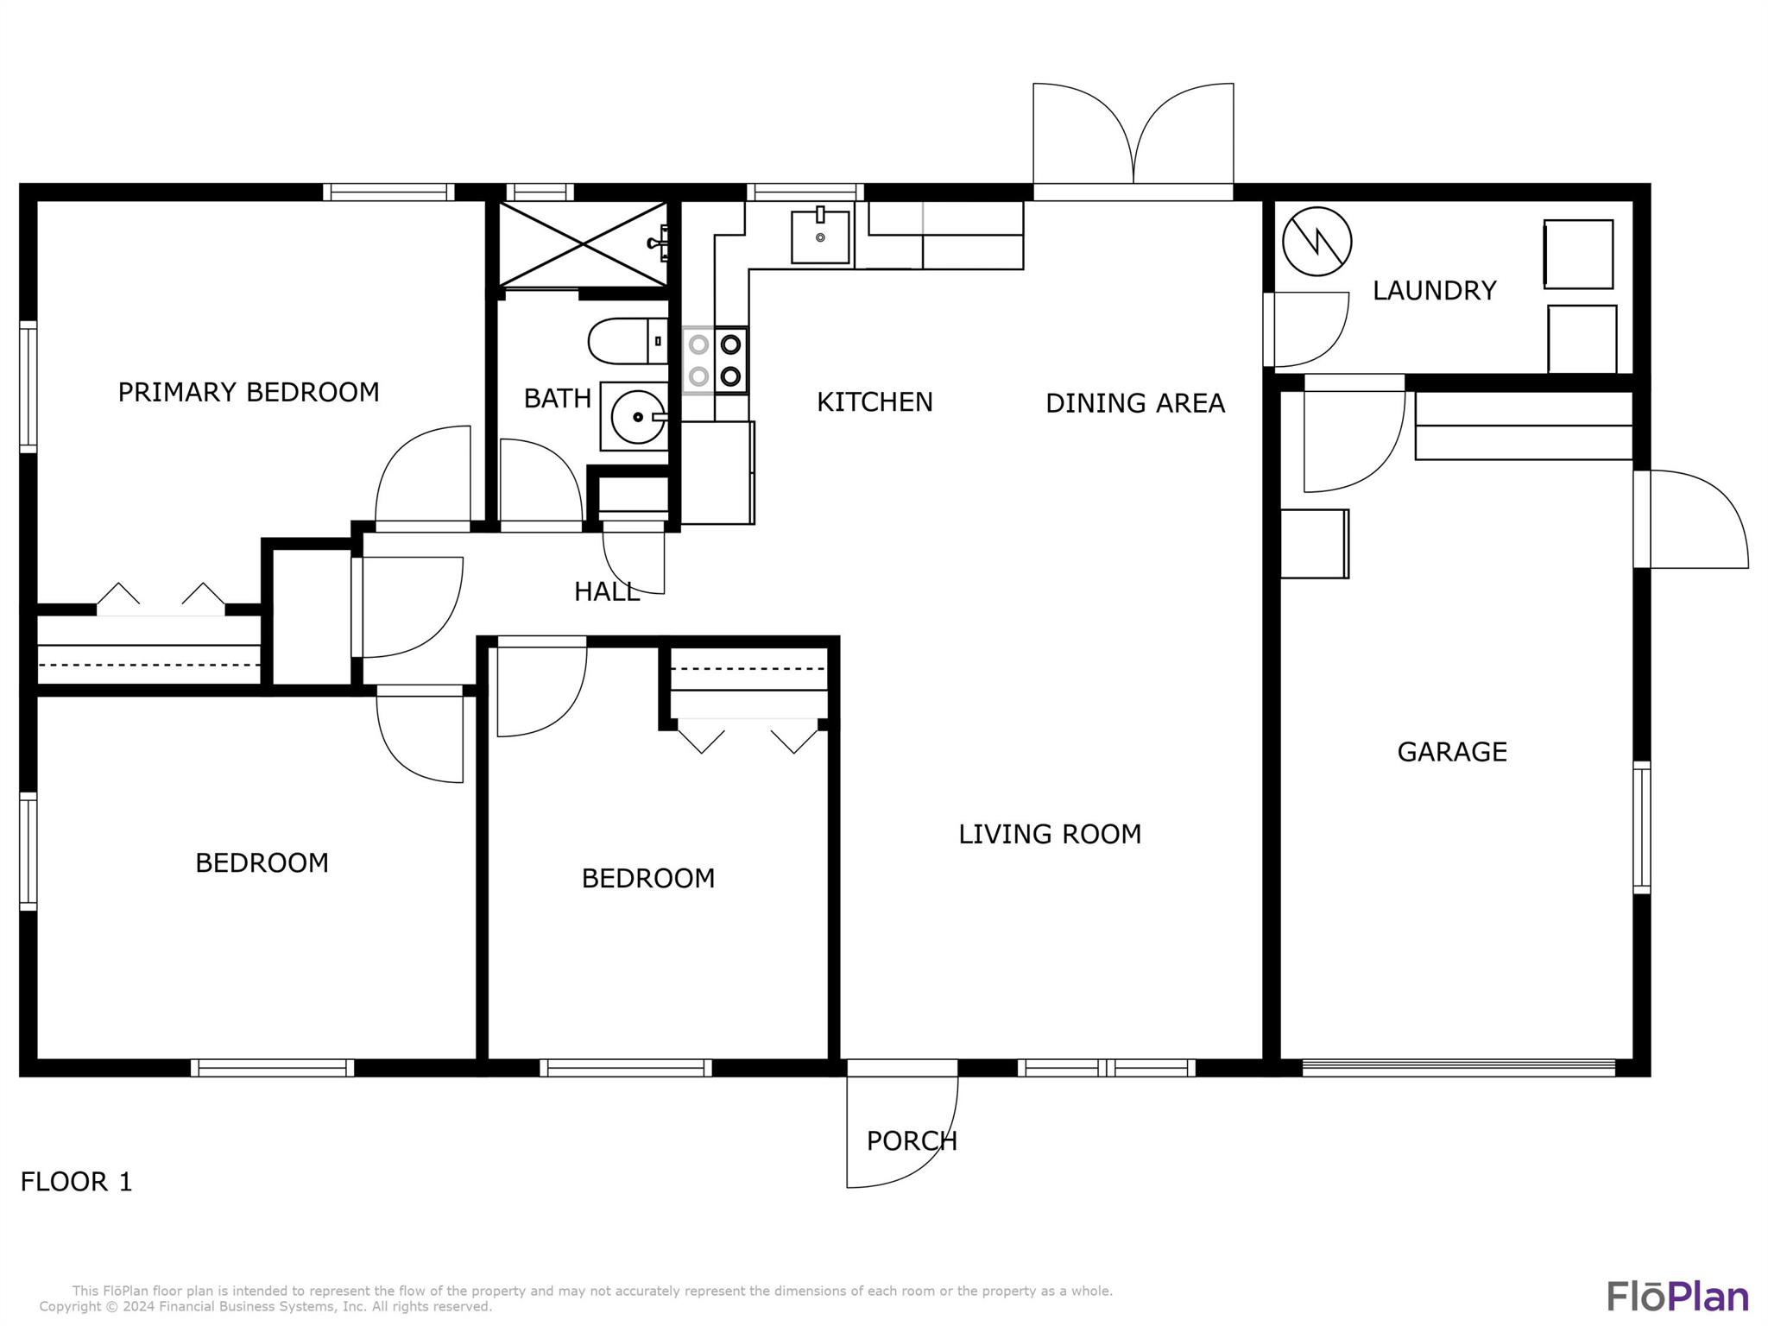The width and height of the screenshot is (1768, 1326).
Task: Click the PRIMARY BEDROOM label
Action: coord(249,392)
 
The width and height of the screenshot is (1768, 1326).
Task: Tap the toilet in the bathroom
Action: coord(628,341)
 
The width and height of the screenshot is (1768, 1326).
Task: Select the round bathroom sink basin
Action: coord(638,417)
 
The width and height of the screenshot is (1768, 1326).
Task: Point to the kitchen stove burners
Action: coord(715,361)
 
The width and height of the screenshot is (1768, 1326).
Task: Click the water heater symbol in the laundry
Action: coord(1317,242)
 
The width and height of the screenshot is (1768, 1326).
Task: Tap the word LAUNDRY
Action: coord(1434,291)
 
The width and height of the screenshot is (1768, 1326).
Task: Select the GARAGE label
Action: coord(1452,752)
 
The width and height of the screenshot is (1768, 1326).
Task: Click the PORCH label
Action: coord(912,1141)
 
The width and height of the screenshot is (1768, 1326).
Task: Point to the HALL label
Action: coord(607,591)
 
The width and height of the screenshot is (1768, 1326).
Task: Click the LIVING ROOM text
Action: coord(1050,834)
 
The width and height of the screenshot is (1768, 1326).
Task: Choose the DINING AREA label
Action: coord(1135,403)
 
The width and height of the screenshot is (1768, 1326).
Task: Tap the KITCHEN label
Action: coord(875,402)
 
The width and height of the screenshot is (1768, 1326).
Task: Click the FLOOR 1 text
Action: coord(77,1182)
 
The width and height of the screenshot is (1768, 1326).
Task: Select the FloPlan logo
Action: coord(1677,1297)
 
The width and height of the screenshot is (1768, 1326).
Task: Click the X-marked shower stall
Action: coord(584,244)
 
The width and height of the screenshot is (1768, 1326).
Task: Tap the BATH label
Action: coord(558,398)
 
